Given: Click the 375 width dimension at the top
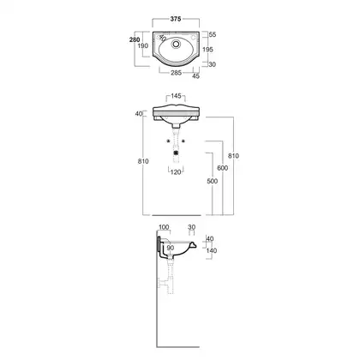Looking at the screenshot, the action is click(176, 19).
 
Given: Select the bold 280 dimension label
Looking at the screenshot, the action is click(135, 39).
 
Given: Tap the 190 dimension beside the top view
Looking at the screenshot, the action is click(143, 45).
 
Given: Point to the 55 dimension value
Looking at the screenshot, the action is click(213, 34).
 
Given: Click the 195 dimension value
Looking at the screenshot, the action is click(207, 50).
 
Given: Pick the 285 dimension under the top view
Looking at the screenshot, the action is click(176, 73).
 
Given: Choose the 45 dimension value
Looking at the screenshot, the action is click(195, 76).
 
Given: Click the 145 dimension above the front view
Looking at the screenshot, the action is click(176, 96).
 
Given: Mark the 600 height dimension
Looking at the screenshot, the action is click(223, 168).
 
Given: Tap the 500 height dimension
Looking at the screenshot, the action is click(212, 181).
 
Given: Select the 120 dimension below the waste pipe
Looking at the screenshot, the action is click(176, 172).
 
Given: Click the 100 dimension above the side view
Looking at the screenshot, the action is click(164, 227).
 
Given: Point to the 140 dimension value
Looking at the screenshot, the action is click(212, 250).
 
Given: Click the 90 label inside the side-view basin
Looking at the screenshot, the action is click(171, 248).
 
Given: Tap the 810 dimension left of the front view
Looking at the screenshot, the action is click(143, 161).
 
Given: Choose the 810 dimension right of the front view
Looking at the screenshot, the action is click(233, 156).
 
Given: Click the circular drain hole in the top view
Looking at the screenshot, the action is click(176, 44).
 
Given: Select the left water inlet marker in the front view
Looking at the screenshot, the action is click(168, 141).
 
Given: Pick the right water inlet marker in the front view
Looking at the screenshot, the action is click(183, 141).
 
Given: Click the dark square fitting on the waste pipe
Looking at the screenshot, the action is click(176, 153).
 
